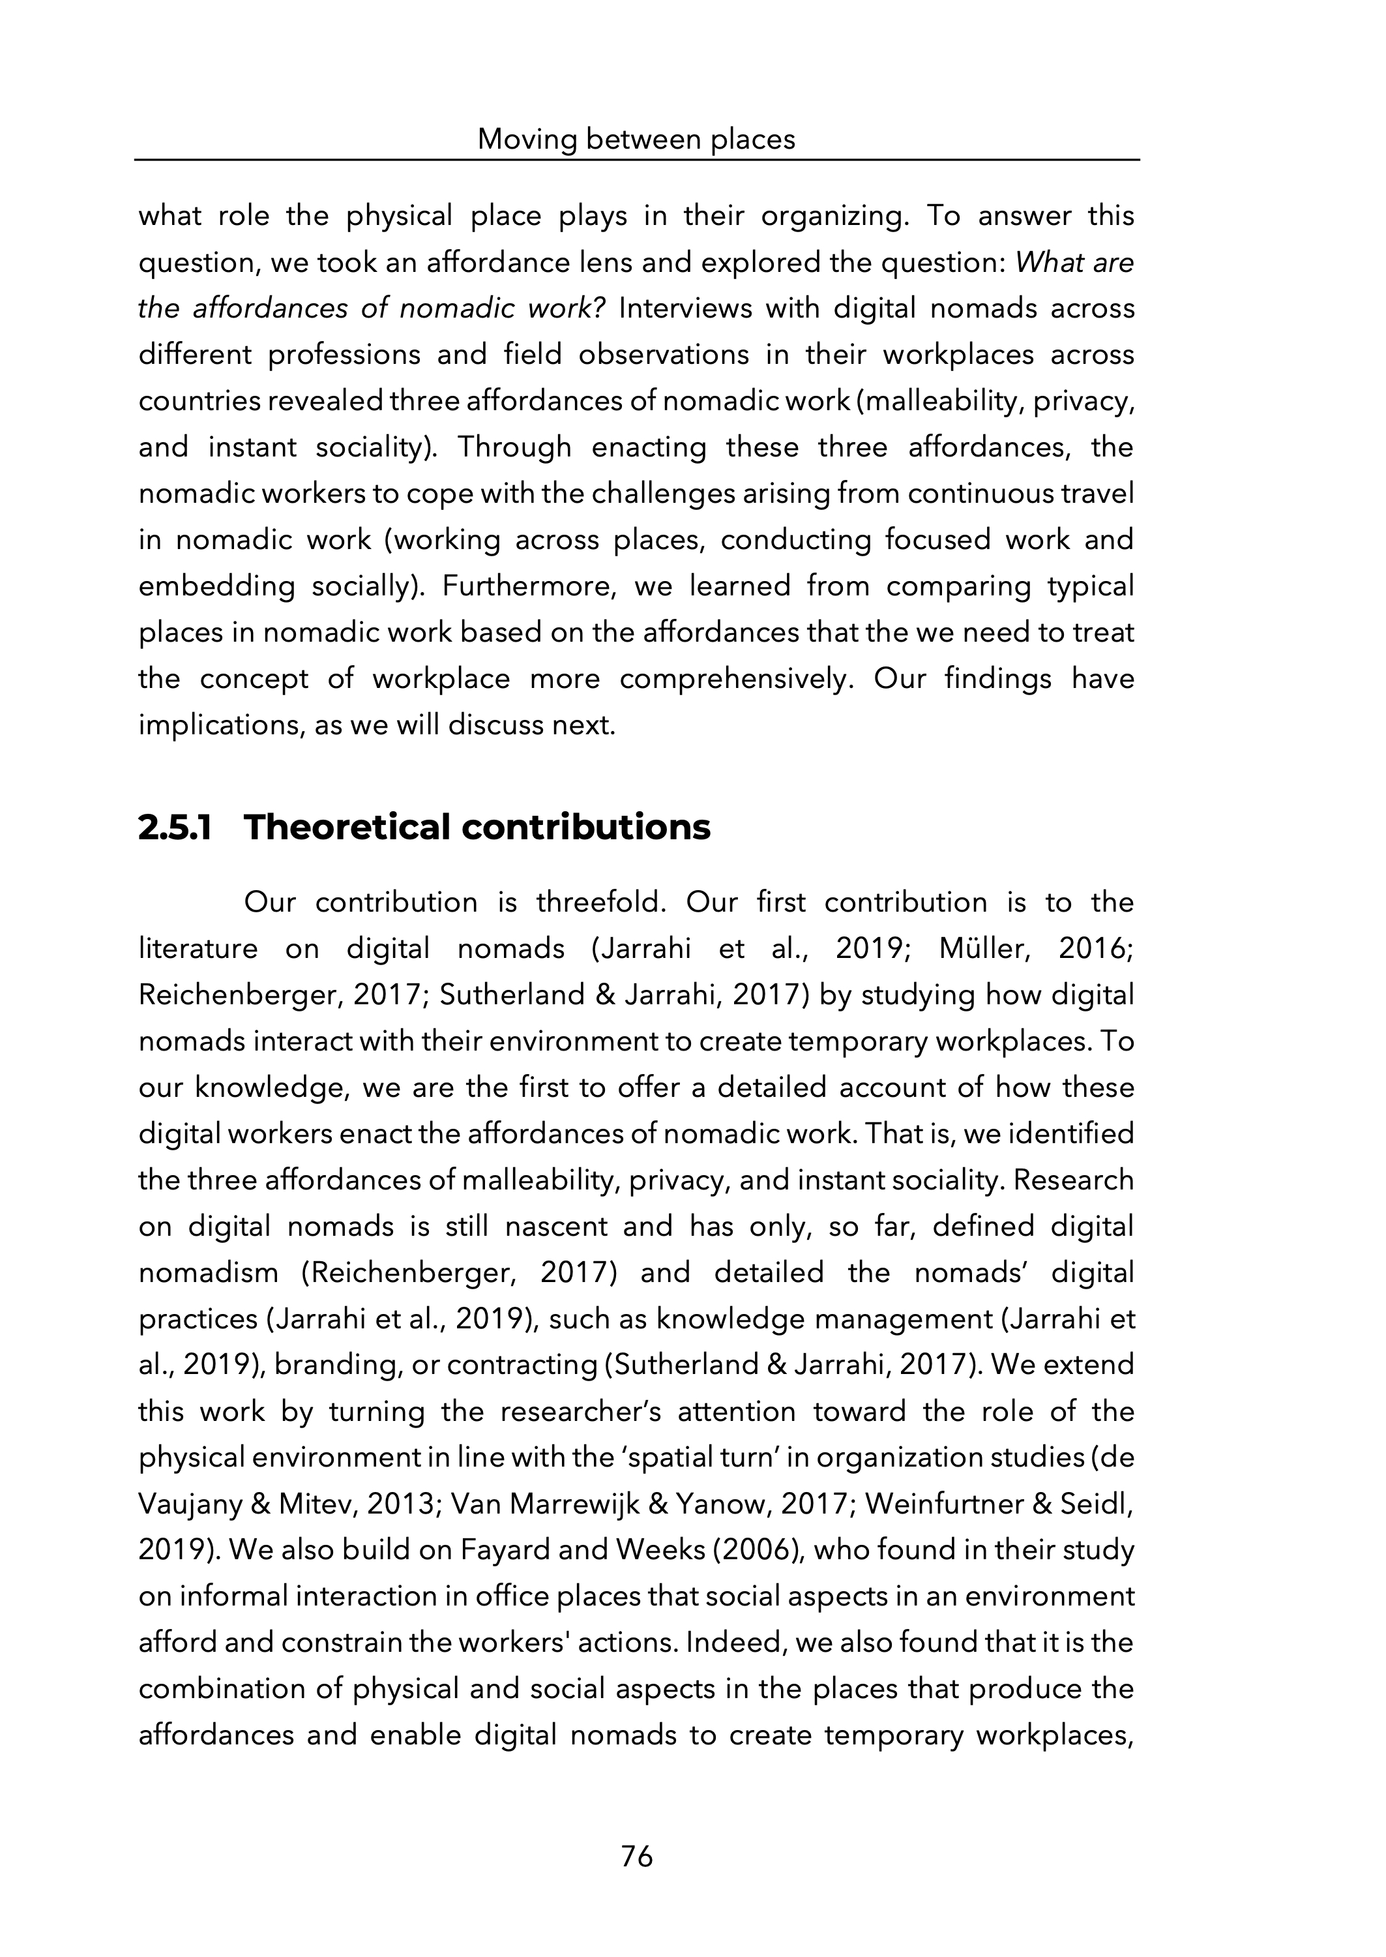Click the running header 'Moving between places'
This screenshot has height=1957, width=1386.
click(x=636, y=139)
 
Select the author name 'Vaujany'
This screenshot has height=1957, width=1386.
click(x=190, y=1504)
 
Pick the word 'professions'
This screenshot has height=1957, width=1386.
click(x=344, y=355)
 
